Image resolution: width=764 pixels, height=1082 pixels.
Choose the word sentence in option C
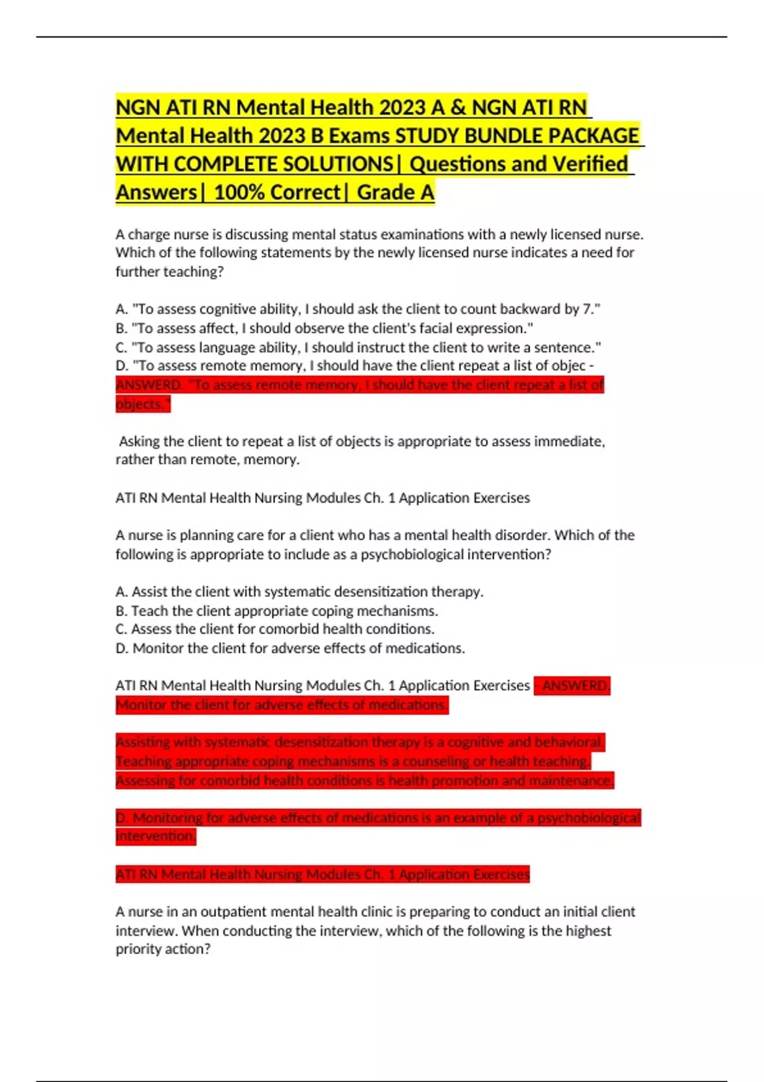coord(567,348)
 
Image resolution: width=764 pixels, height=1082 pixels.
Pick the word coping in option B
coord(311,611)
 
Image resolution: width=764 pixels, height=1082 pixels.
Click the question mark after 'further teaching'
coord(220,272)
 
